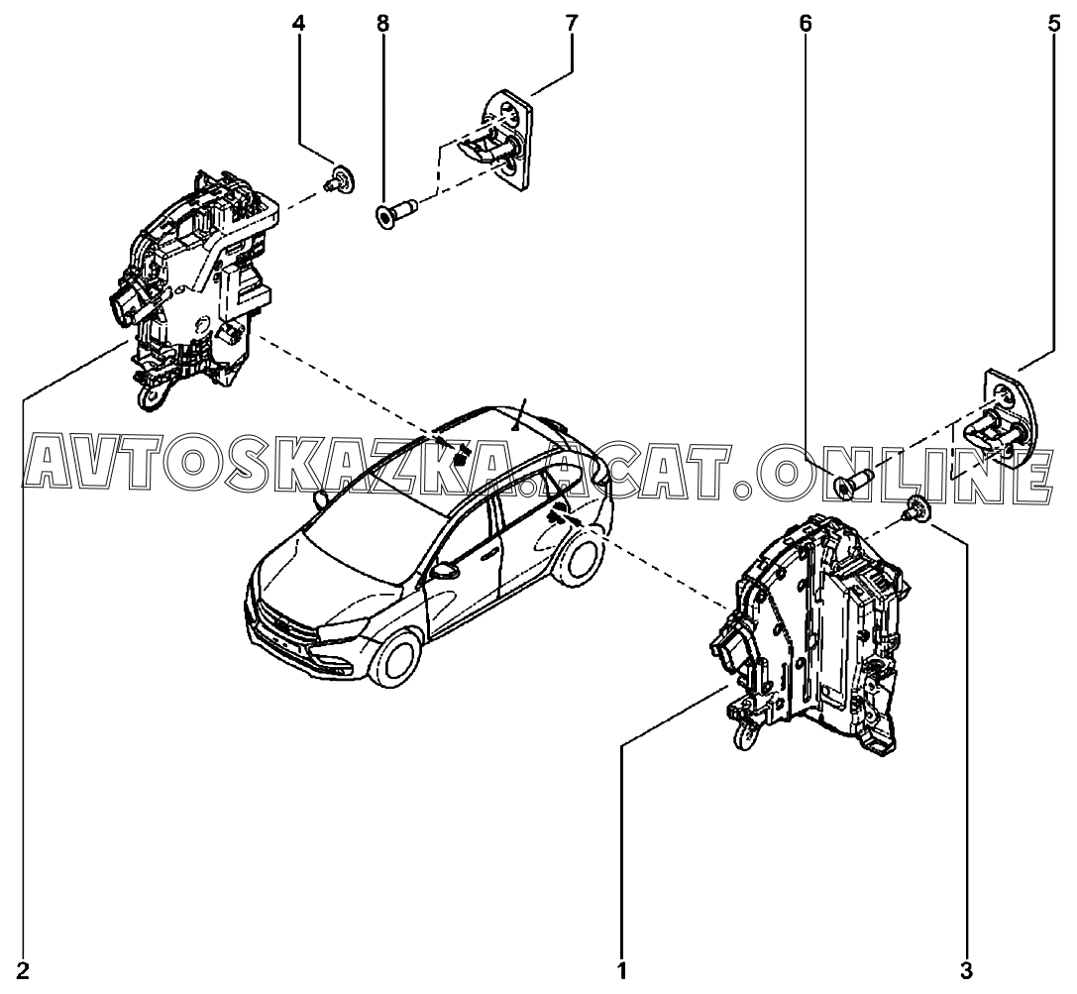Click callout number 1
point(622,971)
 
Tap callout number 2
point(23,971)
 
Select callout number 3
point(966,971)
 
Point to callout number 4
point(298,24)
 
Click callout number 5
point(1053,24)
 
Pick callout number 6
point(805,24)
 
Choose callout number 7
point(572,24)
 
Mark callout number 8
point(382,24)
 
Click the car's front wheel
point(394,659)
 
